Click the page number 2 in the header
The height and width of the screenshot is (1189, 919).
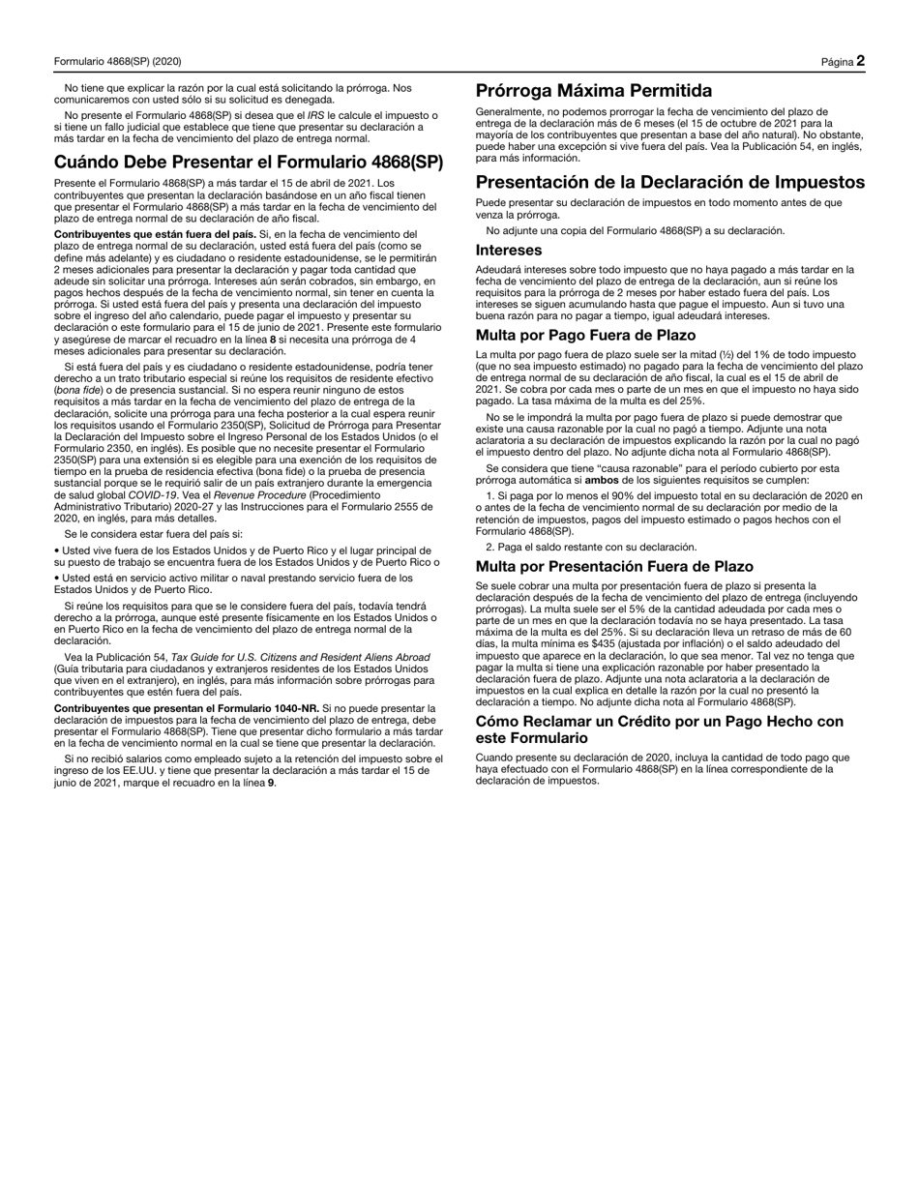pyautogui.click(x=860, y=61)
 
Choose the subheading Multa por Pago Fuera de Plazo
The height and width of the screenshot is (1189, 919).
pyautogui.click(x=585, y=335)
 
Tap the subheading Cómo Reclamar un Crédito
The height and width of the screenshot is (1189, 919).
pyautogui.click(x=659, y=722)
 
